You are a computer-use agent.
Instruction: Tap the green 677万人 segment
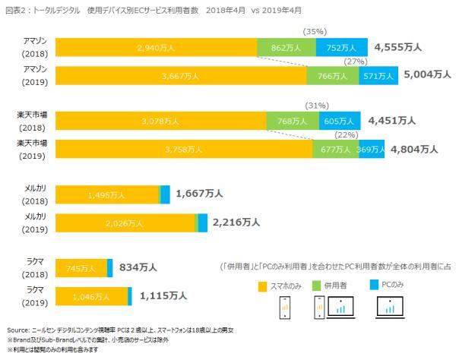click(335, 150)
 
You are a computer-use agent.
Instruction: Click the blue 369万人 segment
click(371, 150)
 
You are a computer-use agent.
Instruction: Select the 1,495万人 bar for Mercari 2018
click(106, 194)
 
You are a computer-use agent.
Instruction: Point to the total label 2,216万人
click(236, 223)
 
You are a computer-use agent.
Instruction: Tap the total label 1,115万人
click(163, 295)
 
